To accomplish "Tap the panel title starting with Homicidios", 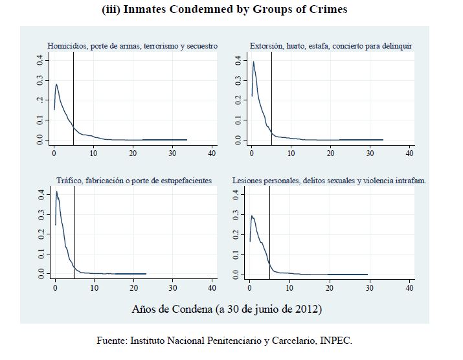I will tap(132, 46).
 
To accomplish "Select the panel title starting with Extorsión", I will tap(330, 46).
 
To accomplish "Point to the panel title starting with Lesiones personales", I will tap(329, 181).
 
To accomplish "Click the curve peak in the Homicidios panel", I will tap(56, 84).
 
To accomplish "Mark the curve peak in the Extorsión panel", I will tap(253, 62).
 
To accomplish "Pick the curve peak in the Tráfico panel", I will tap(56, 191).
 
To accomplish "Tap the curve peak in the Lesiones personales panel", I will tap(252, 215).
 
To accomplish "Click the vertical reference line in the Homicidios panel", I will tap(73, 97).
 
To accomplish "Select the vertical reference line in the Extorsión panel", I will tap(271, 97).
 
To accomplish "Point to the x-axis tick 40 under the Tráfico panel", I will tap(212, 287).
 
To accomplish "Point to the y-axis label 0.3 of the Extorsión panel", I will tap(238, 80).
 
